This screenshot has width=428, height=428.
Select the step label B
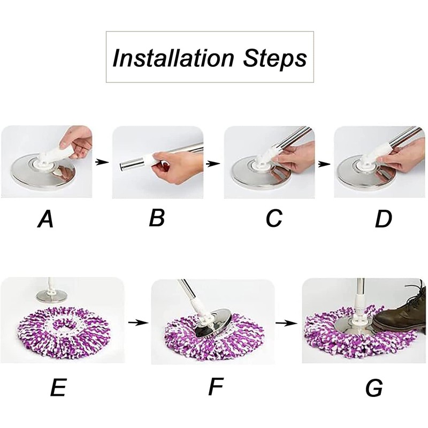(157, 218)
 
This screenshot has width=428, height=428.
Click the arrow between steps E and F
(138, 323)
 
